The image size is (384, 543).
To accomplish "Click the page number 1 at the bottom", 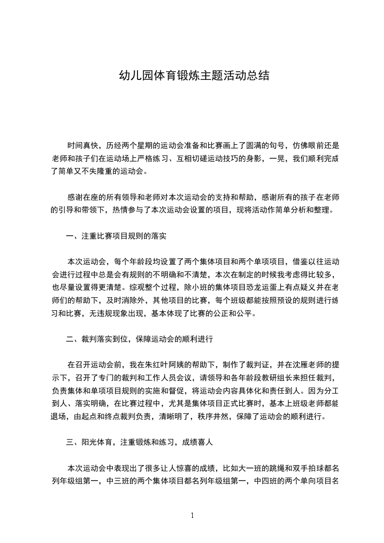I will (x=192, y=515).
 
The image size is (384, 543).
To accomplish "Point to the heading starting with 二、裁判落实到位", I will (x=139, y=339).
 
